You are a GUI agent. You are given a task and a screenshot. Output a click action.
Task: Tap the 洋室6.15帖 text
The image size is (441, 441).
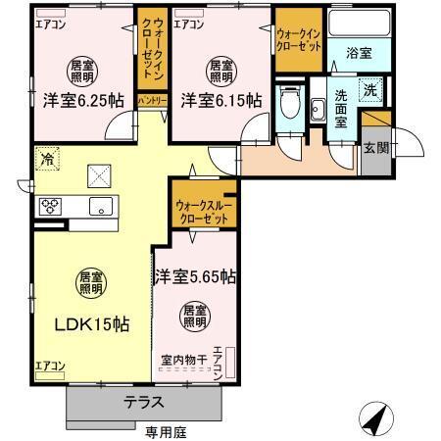tap(220, 99)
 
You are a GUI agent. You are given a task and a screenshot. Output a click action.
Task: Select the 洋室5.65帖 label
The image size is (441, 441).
tap(195, 276)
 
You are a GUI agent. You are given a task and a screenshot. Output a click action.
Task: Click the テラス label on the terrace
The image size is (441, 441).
tap(143, 402)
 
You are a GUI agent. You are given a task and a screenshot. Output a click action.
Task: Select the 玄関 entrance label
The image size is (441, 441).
tap(376, 149)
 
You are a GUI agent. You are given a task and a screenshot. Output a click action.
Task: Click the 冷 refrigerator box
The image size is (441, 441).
tap(46, 156)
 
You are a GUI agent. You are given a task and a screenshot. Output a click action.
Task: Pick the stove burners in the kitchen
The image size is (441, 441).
tap(50, 206)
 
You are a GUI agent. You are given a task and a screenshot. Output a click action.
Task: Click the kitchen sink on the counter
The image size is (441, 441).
tap(98, 206)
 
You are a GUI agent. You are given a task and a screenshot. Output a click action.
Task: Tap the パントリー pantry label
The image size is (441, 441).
tap(151, 101)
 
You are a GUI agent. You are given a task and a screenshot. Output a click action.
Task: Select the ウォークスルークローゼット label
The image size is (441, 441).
tap(203, 213)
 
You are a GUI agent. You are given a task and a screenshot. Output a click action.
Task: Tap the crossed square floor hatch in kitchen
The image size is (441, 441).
tap(101, 175)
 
